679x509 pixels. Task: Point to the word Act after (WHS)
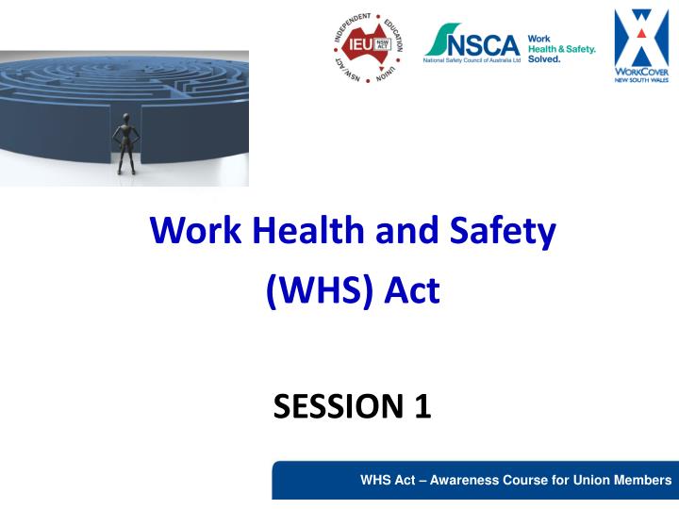click(x=410, y=288)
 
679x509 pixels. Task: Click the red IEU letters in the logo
click(x=359, y=44)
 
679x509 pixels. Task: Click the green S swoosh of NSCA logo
click(x=439, y=41)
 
